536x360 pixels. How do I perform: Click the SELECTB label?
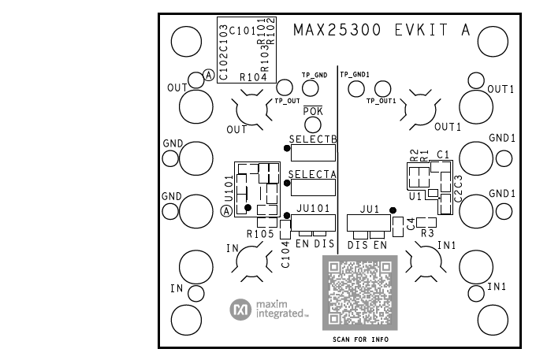(x=313, y=139)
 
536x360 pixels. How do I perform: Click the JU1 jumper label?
(x=370, y=210)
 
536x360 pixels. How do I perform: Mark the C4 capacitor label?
(x=411, y=224)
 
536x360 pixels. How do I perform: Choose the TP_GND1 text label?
(x=354, y=74)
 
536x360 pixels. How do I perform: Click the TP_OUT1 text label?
(x=381, y=101)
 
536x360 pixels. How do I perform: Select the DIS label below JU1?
(x=358, y=246)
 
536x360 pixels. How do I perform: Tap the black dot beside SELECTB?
(x=286, y=147)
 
